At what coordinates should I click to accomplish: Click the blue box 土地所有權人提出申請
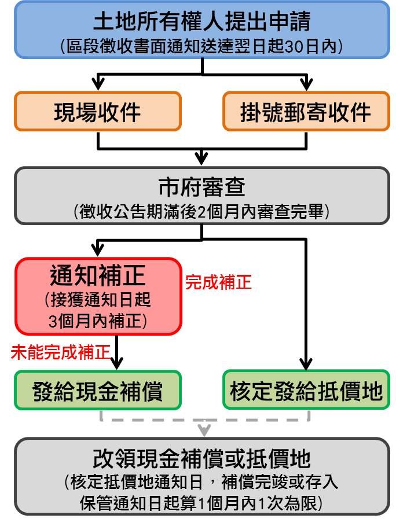pyautogui.click(x=202, y=30)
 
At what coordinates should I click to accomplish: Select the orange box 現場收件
pyautogui.click(x=98, y=111)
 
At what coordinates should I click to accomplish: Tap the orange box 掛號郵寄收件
pyautogui.click(x=306, y=111)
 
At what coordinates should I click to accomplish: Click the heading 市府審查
pyautogui.click(x=202, y=187)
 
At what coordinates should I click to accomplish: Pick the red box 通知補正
pyautogui.click(x=98, y=296)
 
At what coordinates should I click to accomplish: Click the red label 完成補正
pyautogui.click(x=218, y=282)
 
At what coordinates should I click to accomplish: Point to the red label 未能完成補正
pyautogui.click(x=60, y=352)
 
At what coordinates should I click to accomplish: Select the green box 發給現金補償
pyautogui.click(x=98, y=390)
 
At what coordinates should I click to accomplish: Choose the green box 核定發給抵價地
pyautogui.click(x=306, y=390)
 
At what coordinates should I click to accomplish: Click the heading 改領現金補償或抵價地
pyautogui.click(x=202, y=459)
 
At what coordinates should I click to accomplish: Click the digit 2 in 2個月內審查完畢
pyautogui.click(x=202, y=212)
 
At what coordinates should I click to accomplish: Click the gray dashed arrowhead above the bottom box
pyautogui.click(x=204, y=430)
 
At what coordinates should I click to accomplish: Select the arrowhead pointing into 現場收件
pyautogui.click(x=98, y=84)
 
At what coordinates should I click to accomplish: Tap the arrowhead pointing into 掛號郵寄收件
pyautogui.click(x=306, y=84)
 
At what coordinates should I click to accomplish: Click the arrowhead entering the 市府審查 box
pyautogui.click(x=201, y=159)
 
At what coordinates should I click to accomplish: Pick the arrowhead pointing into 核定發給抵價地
pyautogui.click(x=306, y=364)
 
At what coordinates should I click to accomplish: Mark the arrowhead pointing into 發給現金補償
pyautogui.click(x=116, y=363)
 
